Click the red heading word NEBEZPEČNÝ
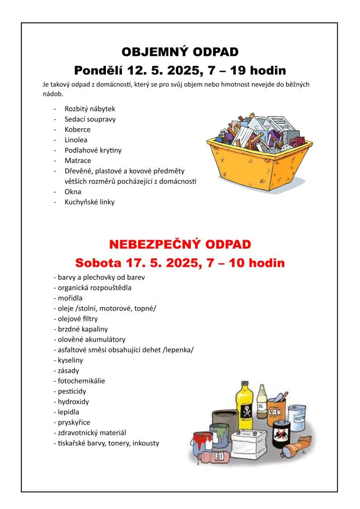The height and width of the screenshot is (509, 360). tap(151, 245)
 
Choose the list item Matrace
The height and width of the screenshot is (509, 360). tap(78, 161)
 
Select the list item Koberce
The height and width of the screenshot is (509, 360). tap(78, 129)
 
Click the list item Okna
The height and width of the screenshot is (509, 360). tap(73, 191)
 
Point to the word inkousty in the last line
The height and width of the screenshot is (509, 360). tap(146, 443)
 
